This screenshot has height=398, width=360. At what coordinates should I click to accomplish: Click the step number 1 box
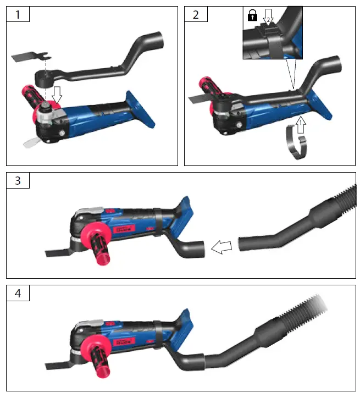click(x=18, y=15)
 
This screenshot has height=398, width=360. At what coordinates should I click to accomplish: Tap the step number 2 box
click(x=196, y=15)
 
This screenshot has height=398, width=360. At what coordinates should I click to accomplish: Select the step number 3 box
click(x=18, y=181)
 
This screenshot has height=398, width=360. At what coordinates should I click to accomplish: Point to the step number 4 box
click(x=18, y=294)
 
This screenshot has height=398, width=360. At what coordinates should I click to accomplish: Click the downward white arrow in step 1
click(x=57, y=98)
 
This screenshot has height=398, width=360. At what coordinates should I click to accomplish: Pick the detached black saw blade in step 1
click(x=30, y=57)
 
